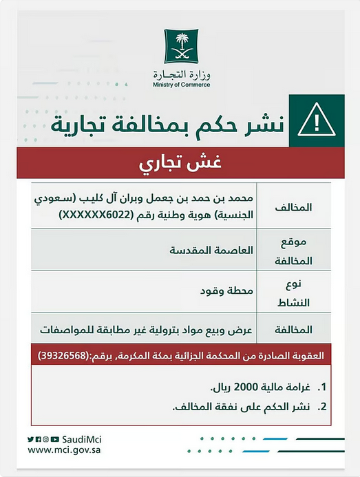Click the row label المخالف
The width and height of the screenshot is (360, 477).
(x=298, y=206)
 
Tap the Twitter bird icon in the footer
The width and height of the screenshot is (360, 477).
(x=31, y=438)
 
